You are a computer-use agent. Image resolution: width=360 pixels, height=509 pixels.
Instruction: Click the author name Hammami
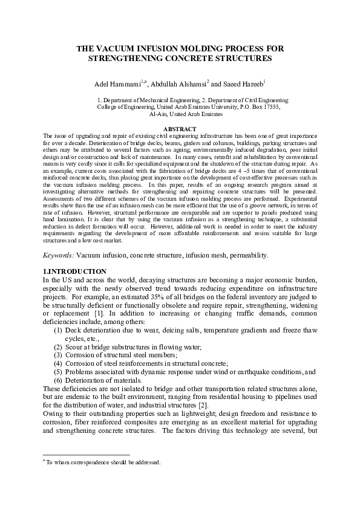124,83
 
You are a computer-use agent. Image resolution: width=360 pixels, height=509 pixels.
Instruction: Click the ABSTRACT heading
180,129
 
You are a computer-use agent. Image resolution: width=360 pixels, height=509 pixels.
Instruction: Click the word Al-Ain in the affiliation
159,113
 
